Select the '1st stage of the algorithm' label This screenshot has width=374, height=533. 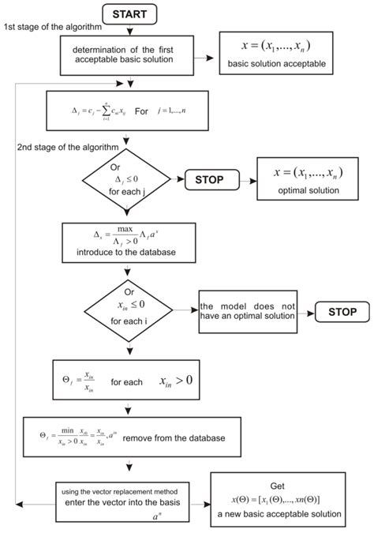click(x=53, y=28)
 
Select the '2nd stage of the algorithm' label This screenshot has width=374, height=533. click(x=68, y=147)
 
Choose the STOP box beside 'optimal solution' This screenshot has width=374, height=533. click(x=214, y=180)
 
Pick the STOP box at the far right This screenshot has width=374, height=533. click(x=341, y=311)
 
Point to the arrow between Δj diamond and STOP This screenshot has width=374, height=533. click(x=175, y=180)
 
